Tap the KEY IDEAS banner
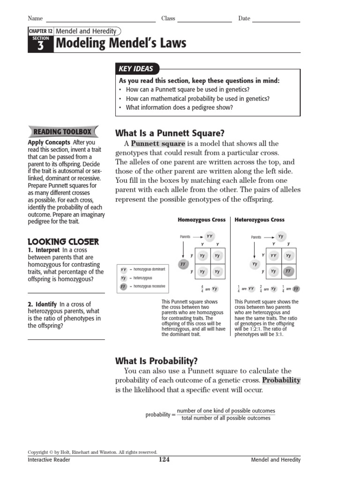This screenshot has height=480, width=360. (136, 68)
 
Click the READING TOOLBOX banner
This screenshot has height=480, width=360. (63, 132)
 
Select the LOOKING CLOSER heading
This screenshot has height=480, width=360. (63, 242)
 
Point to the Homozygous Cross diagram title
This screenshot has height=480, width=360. (202, 220)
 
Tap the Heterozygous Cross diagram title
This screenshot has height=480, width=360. (259, 220)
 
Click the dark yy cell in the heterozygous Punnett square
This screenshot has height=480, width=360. (288, 271)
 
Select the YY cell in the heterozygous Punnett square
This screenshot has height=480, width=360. (273, 255)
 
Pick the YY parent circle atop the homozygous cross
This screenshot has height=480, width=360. (210, 236)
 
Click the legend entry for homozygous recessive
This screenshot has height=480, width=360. (142, 286)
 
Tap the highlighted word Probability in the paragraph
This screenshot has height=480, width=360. (281, 380)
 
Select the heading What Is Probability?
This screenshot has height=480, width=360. (157, 361)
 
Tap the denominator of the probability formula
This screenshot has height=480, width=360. (226, 418)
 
